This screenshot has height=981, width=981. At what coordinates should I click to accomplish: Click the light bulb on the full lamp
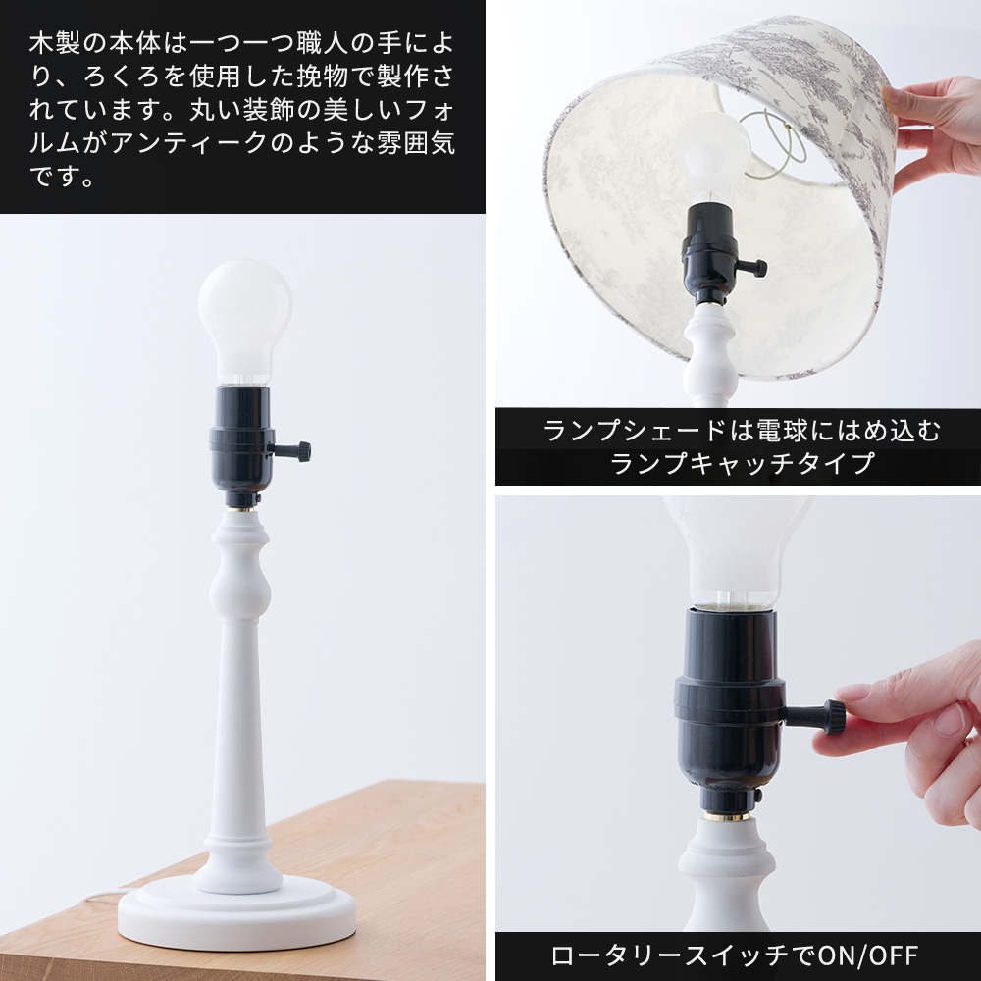pos(244,321)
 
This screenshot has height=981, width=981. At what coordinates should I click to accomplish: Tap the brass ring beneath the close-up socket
pos(727,816)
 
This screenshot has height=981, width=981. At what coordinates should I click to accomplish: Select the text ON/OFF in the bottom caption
pos(868,955)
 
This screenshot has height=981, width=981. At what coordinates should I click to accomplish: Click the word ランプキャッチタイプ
pos(742,463)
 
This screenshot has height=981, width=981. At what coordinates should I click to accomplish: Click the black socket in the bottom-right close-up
pos(729,710)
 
